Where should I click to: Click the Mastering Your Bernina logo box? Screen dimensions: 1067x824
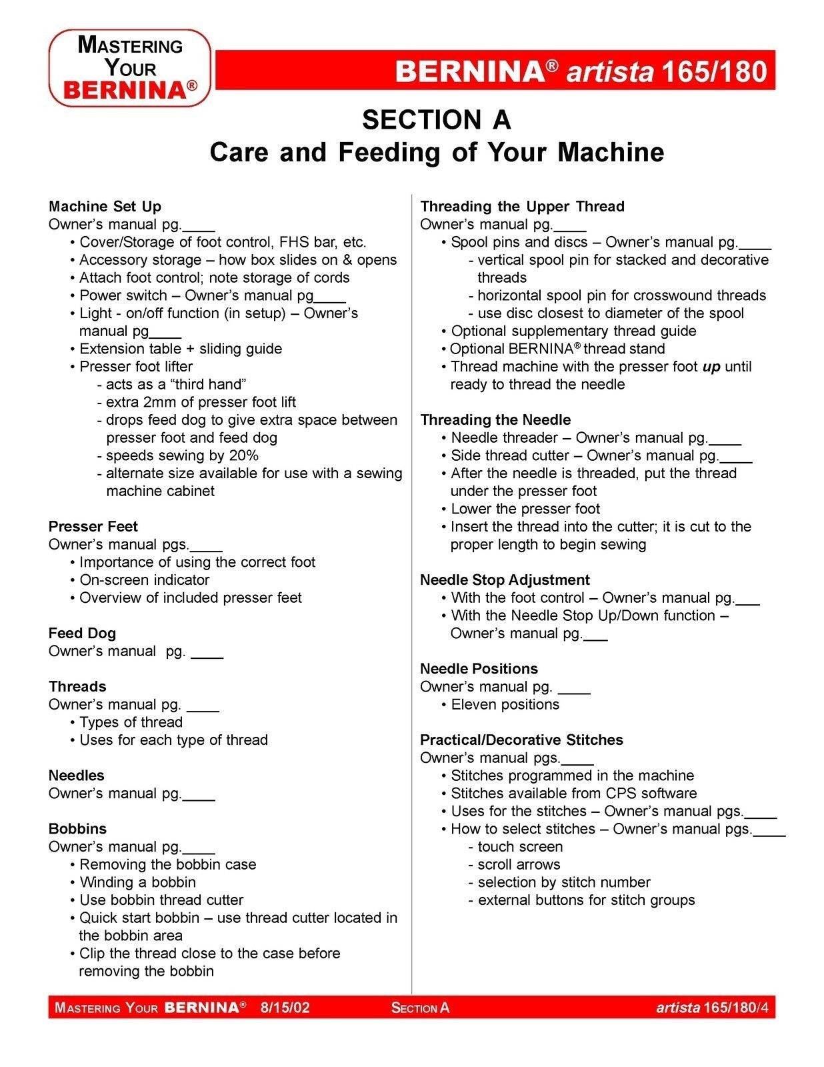[130, 68]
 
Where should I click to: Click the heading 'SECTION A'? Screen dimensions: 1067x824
[436, 120]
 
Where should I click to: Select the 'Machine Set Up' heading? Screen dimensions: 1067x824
[105, 207]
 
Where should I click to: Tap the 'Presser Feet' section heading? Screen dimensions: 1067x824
[93, 527]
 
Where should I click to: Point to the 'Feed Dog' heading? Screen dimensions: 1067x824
[82, 634]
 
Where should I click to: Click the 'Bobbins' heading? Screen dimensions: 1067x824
[77, 829]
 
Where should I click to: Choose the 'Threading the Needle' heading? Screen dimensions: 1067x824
[495, 420]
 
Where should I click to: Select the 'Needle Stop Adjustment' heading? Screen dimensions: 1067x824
[505, 580]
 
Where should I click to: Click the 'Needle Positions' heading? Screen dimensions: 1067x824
[479, 669]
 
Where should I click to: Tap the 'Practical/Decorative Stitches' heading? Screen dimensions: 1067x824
[521, 740]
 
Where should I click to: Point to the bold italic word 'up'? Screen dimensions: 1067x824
[711, 367]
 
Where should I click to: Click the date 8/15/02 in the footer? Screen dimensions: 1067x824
[285, 1007]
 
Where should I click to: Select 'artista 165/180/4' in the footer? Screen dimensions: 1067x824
[711, 1007]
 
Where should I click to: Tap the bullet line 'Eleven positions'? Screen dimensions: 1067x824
[505, 705]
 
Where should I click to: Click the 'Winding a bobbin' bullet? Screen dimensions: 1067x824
[137, 882]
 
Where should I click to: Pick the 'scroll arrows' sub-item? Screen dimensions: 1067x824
[519, 865]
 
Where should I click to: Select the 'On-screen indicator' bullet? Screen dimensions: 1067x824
[144, 580]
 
